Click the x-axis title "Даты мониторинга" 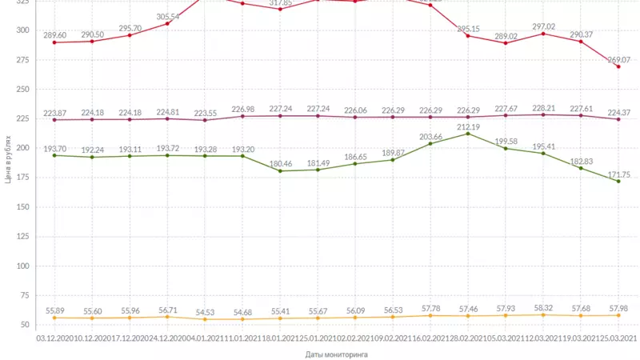336,353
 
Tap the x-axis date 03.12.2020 54,338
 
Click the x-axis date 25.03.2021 618,338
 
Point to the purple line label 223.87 54,112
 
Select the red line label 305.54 168,16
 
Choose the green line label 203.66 430,136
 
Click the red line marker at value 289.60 54,42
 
